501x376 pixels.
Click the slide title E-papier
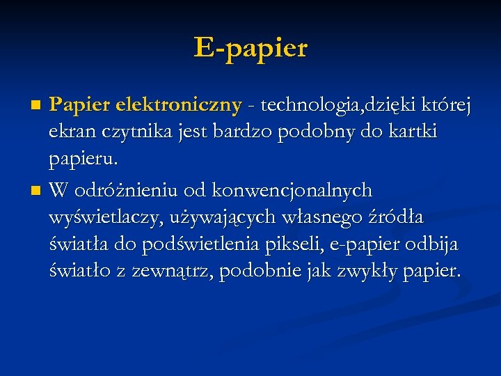(x=250, y=48)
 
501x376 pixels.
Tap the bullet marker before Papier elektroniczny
(x=38, y=106)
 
